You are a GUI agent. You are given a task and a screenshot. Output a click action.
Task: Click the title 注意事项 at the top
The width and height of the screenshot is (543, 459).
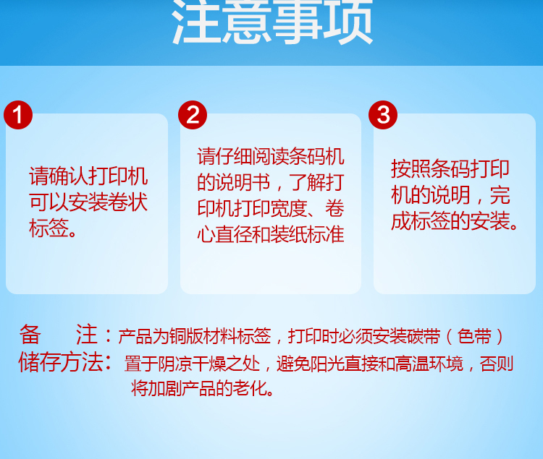tap(272, 22)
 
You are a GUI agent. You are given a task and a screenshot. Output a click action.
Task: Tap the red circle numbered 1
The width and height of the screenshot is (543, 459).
tap(18, 115)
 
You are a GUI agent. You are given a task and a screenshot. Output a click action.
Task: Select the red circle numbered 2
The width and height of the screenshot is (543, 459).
tap(193, 115)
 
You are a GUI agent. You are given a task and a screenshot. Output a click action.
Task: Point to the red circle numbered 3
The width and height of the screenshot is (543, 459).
tap(383, 115)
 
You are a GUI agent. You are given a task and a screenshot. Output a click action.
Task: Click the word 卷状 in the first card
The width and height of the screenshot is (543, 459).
tap(128, 202)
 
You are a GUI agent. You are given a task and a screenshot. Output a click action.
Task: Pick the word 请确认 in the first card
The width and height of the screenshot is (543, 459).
tap(59, 176)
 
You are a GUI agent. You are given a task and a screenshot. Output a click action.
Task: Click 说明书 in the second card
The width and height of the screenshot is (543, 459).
tap(243, 182)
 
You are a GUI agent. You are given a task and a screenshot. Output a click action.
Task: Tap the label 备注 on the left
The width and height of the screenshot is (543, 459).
tap(58, 335)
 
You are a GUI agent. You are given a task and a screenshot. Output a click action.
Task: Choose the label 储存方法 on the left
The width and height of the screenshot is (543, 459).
tap(61, 362)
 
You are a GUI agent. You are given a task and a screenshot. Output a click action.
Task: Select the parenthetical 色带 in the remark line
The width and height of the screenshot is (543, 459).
tap(475, 336)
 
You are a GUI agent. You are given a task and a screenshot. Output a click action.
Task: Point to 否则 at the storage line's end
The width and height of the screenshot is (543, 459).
tap(497, 364)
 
